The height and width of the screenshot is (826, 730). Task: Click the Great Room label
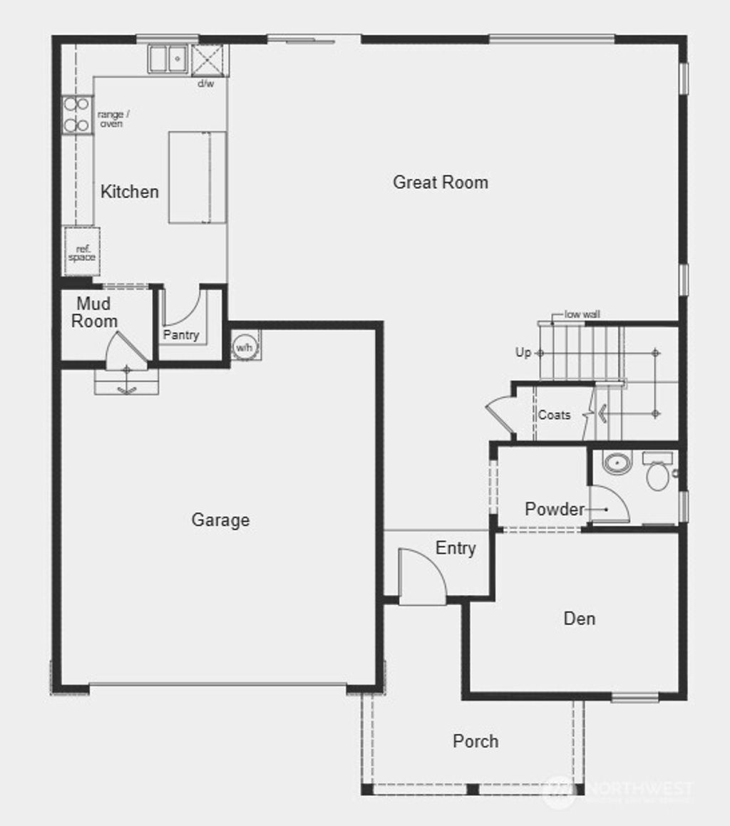click(441, 182)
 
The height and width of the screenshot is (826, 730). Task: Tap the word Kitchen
click(129, 192)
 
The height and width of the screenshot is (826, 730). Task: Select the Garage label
click(220, 520)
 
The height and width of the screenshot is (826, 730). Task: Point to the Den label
click(579, 619)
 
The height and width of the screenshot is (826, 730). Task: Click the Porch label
click(475, 741)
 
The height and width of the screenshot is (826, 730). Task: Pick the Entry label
click(456, 548)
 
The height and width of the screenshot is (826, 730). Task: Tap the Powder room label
click(554, 509)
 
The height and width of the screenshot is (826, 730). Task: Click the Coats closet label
click(554, 415)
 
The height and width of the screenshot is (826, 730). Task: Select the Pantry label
click(181, 335)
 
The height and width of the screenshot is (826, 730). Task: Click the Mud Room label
click(94, 313)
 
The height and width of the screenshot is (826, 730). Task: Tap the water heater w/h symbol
click(245, 347)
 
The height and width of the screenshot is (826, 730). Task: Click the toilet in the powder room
click(658, 473)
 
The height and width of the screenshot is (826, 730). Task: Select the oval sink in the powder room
click(617, 463)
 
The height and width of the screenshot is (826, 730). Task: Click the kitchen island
click(197, 177)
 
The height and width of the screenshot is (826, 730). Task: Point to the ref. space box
click(82, 252)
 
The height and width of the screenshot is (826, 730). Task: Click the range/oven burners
click(76, 115)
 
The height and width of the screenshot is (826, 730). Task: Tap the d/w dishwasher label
click(205, 83)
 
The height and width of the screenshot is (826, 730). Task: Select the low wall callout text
click(582, 314)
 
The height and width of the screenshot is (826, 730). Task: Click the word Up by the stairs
click(523, 353)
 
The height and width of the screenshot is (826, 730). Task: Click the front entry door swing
click(422, 577)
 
